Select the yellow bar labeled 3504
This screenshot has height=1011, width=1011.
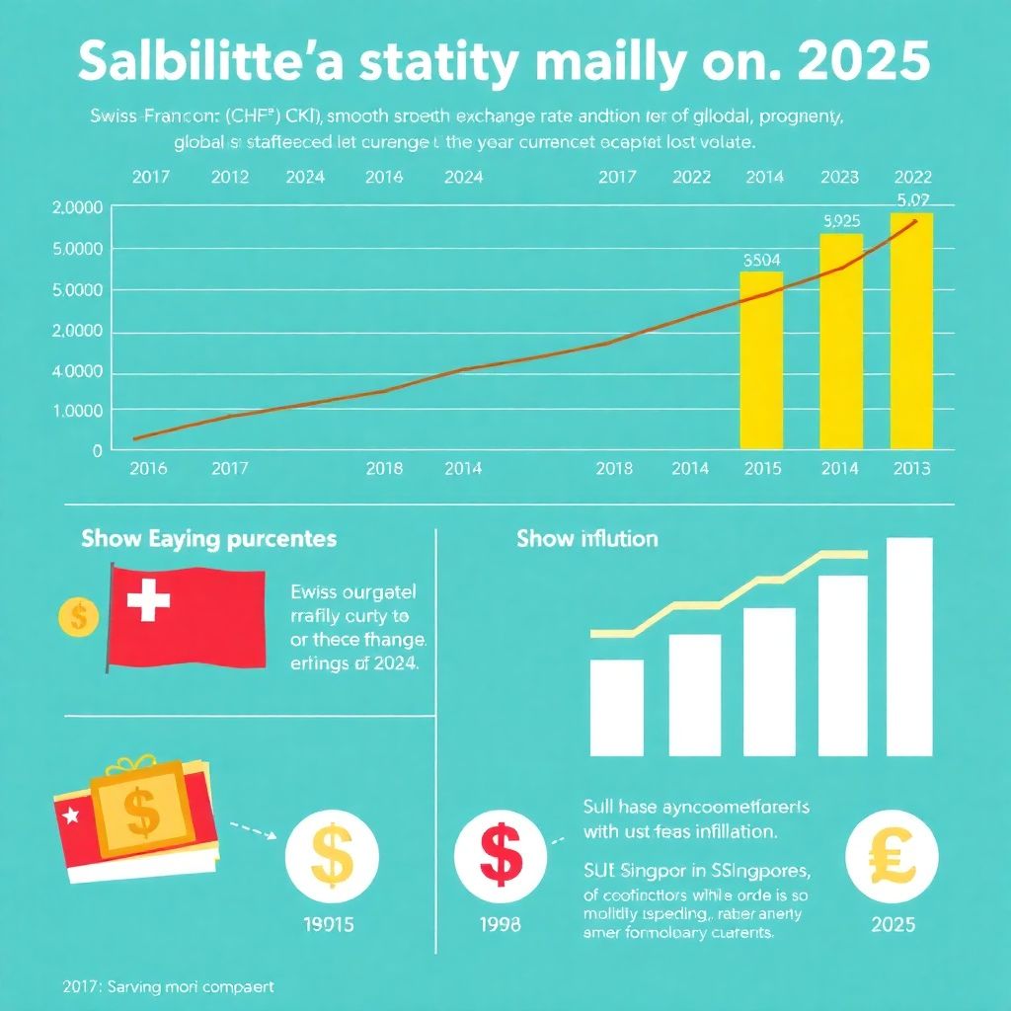tap(761, 360)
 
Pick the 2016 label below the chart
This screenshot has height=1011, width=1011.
tap(149, 469)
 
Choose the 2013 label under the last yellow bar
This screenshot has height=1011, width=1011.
tap(910, 469)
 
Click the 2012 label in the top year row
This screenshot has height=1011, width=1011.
tap(229, 178)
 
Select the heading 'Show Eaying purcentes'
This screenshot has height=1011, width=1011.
tap(208, 539)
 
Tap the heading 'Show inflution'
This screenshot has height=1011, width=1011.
tap(586, 539)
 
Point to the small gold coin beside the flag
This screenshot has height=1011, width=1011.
tap(78, 617)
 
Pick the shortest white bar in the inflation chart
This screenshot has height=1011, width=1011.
tap(617, 706)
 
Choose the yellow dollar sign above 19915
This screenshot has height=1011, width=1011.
tap(330, 855)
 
